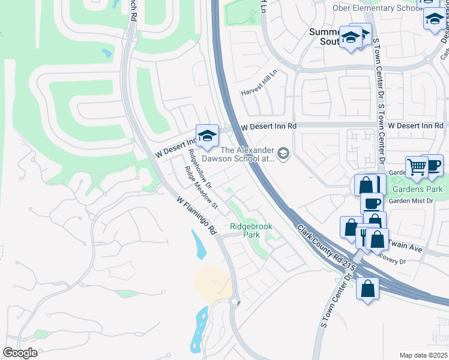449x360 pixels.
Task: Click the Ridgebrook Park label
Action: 251,231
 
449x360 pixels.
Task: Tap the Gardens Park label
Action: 417,189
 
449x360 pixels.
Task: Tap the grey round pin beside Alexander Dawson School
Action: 284,154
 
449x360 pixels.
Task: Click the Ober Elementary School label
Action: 375,8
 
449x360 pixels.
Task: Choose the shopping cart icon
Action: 416,167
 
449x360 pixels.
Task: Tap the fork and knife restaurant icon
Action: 364,236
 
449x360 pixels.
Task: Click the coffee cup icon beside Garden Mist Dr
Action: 372,202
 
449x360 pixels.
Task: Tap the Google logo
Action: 20,352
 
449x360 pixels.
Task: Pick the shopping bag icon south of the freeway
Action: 367,289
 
